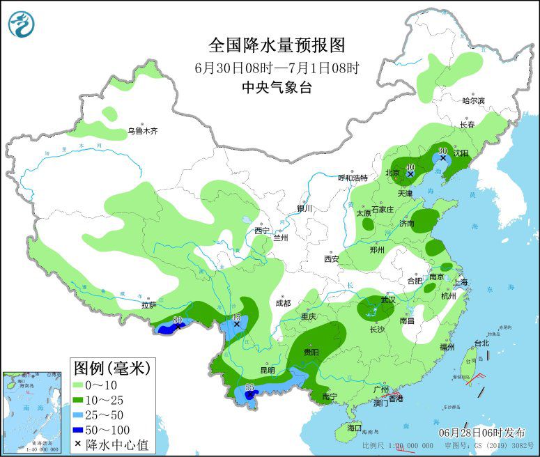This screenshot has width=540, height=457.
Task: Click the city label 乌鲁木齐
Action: click(142, 130)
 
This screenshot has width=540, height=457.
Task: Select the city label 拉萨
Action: click(148, 304)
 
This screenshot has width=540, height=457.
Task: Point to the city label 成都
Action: click(282, 303)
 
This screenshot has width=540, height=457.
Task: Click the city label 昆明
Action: click(267, 370)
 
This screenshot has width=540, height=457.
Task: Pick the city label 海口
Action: click(355, 427)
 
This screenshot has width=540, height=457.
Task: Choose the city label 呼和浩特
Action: click(352, 178)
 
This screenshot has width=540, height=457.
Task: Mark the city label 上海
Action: click(461, 283)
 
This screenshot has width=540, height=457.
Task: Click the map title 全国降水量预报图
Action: click(277, 45)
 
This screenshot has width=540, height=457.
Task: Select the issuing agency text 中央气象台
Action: click(277, 87)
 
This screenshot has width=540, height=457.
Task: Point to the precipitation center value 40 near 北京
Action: click(410, 167)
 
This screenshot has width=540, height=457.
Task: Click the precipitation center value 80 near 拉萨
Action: click(177, 320)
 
